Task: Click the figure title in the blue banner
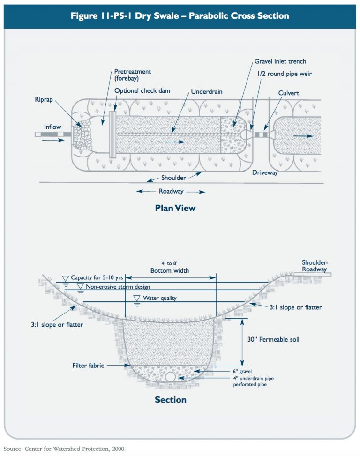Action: [180, 16]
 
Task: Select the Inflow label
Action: [52, 127]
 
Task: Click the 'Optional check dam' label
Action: [142, 90]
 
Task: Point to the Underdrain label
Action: [206, 92]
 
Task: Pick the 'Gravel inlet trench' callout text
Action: [280, 61]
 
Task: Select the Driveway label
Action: [265, 173]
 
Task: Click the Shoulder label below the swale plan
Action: [174, 178]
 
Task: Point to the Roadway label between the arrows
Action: [171, 191]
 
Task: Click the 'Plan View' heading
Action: [175, 208]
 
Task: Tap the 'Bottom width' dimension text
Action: [169, 271]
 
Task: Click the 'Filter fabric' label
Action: [88, 365]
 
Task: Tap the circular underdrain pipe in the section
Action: [170, 376]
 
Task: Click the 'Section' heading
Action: [171, 400]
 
